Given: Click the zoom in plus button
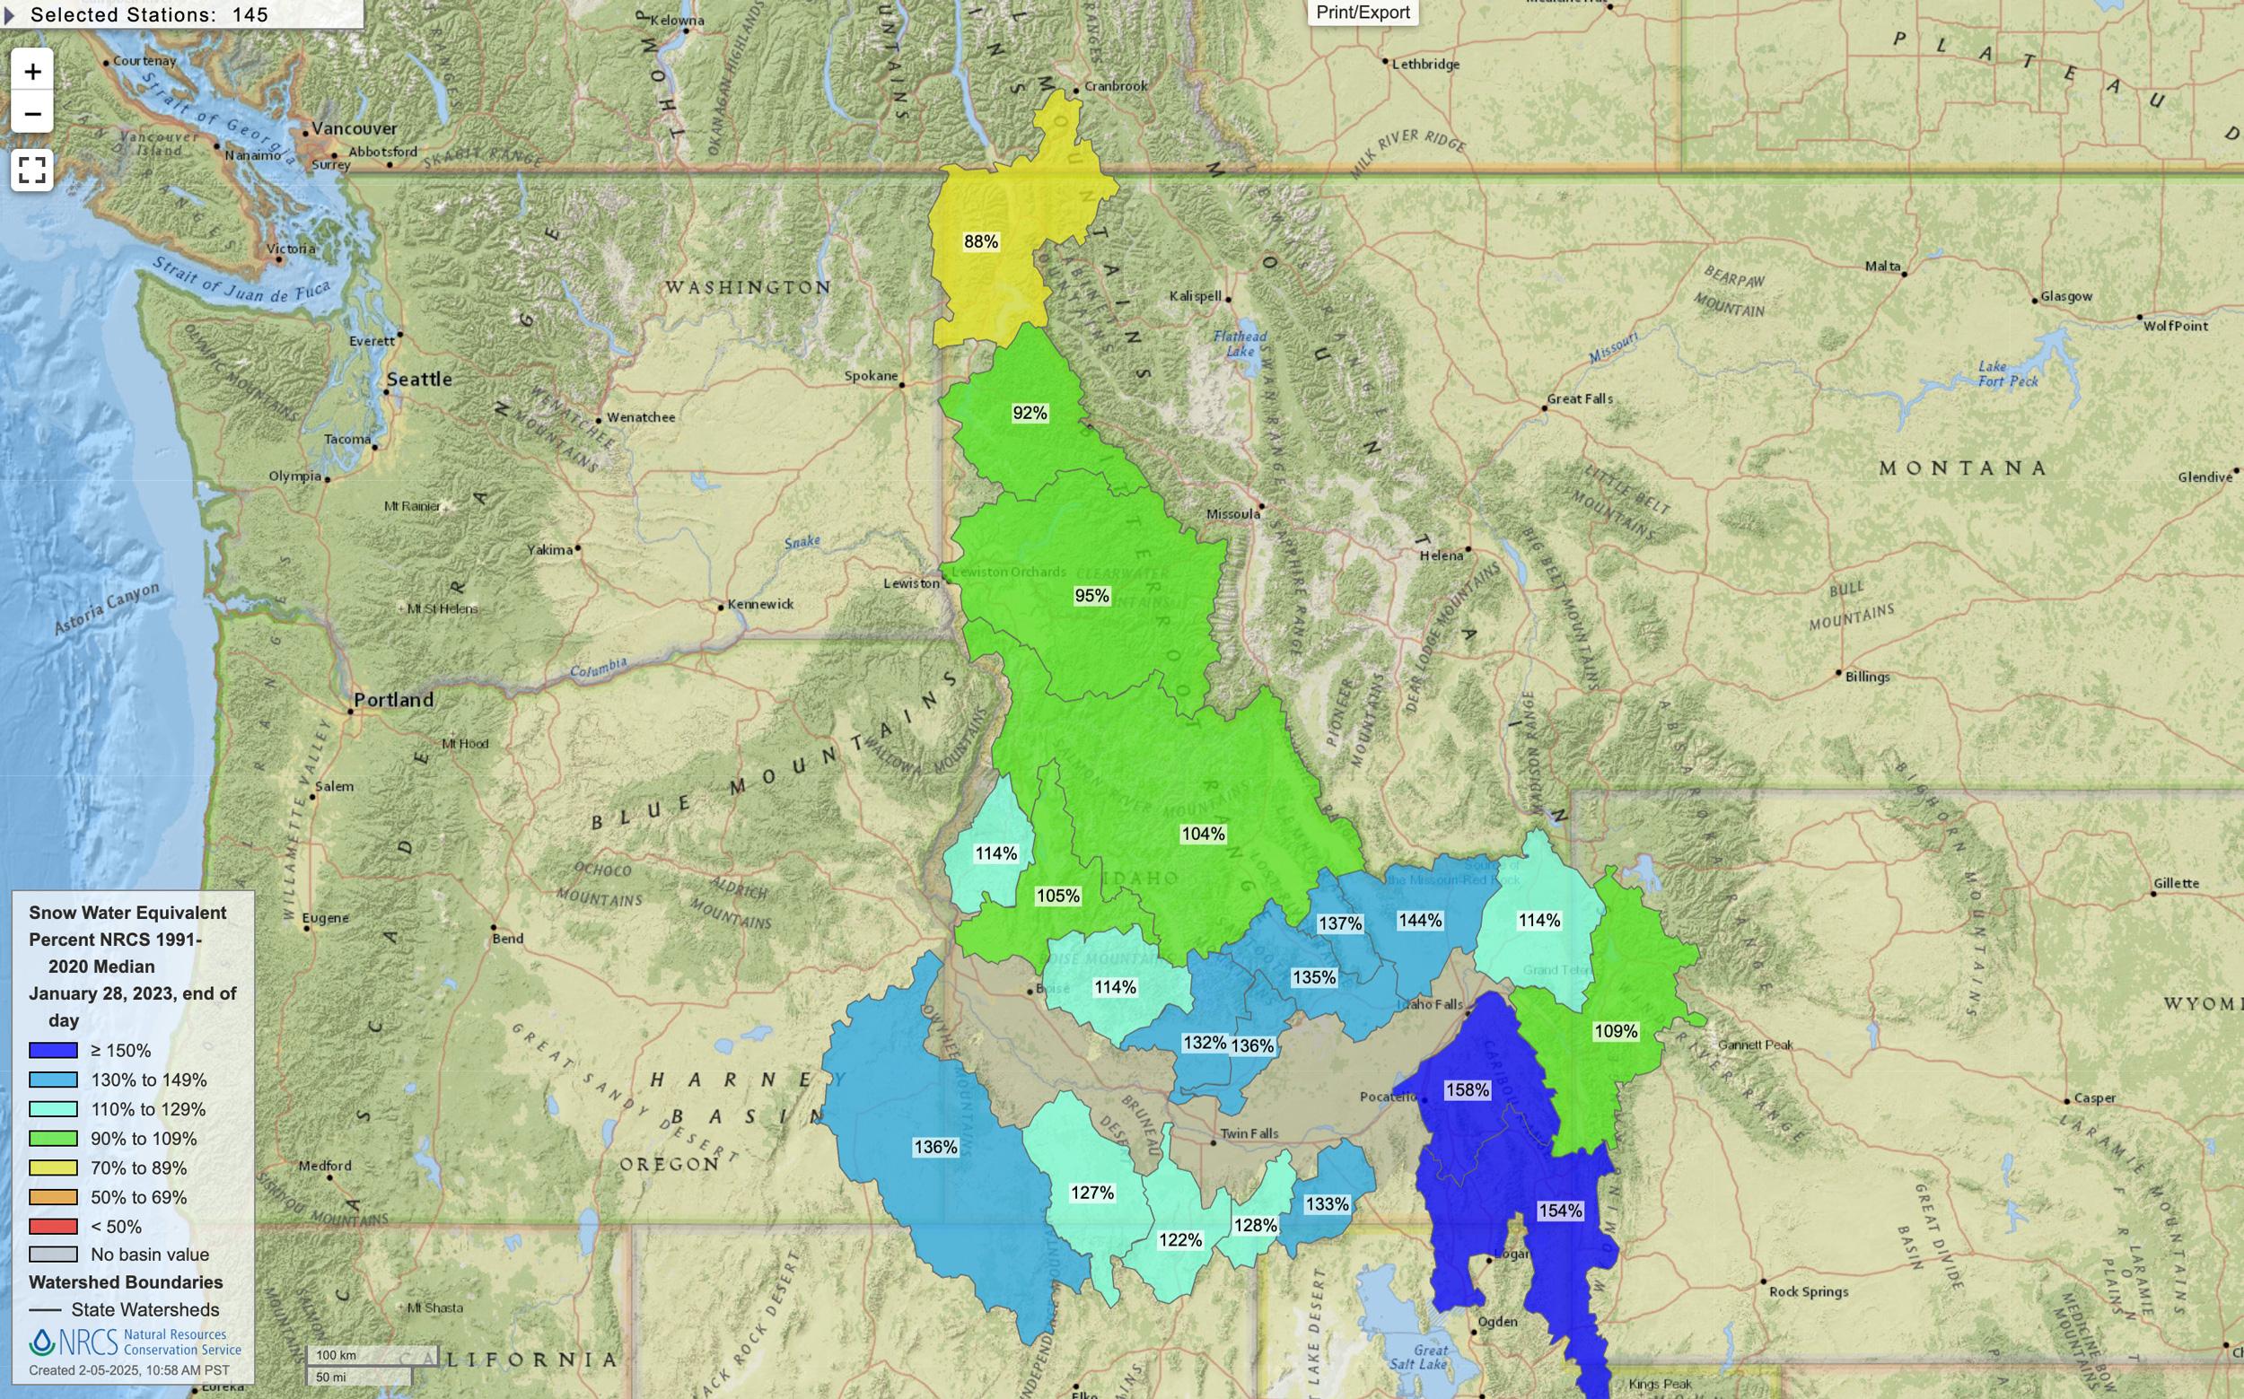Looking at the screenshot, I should (32, 71).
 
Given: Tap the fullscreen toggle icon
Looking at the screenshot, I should (32, 171).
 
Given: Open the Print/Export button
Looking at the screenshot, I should (1363, 12).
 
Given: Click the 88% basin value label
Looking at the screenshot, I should (980, 241).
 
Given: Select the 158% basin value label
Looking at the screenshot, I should (1467, 1090).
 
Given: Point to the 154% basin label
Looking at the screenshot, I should (1560, 1211).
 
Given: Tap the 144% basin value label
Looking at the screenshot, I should (1419, 920).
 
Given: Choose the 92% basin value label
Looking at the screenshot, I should (1029, 413).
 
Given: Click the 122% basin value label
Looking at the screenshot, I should (1179, 1240).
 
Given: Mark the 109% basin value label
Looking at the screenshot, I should (1616, 1031).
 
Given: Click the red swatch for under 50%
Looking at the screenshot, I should (53, 1226).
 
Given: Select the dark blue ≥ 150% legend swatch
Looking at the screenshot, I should (53, 1050).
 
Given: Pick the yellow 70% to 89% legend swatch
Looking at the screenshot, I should (53, 1167).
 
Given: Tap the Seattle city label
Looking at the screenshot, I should (419, 379).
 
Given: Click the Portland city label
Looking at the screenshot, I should (393, 700).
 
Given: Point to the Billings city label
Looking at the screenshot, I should (1866, 677).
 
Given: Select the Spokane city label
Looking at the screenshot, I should (871, 376).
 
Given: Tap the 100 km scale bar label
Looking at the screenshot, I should (336, 1355).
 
